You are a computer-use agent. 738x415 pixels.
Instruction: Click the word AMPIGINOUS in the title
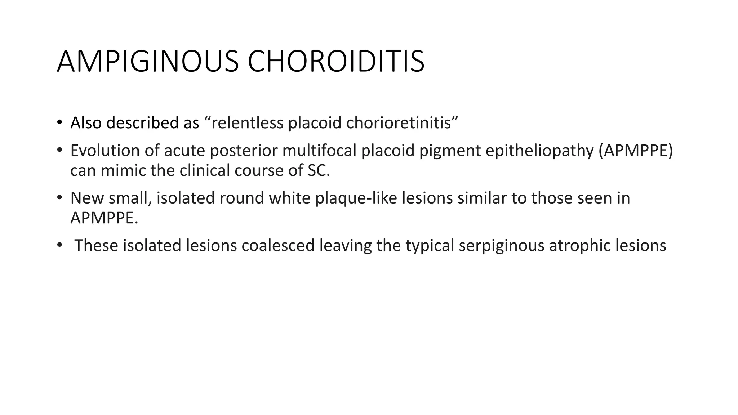tap(147, 62)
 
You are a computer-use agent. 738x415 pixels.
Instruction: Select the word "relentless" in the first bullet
tap(248, 123)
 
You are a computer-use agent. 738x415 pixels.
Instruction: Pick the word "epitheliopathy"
tap(539, 151)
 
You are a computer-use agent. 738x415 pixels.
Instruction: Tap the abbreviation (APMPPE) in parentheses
tap(636, 151)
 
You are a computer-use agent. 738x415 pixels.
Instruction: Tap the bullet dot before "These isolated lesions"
tap(59, 245)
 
